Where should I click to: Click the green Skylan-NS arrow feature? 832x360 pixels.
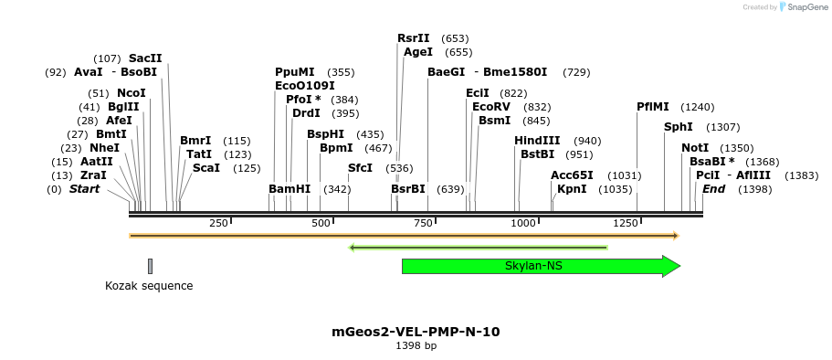click(x=534, y=266)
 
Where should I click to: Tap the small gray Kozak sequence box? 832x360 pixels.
click(x=150, y=266)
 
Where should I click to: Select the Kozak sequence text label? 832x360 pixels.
click(x=149, y=286)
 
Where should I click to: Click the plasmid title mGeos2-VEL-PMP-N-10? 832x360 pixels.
click(x=416, y=332)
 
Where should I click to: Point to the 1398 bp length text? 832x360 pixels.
click(x=416, y=346)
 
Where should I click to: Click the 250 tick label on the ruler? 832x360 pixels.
click(x=218, y=224)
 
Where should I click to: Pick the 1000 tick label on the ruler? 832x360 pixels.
click(x=523, y=224)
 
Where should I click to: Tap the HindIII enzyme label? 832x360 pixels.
click(x=537, y=141)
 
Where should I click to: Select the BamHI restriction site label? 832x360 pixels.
click(x=290, y=189)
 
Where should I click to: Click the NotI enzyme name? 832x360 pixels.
click(x=695, y=148)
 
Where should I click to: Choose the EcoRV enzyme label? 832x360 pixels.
click(x=491, y=107)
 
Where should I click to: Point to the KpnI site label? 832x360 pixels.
click(x=572, y=189)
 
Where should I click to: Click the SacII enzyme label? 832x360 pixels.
click(x=145, y=58)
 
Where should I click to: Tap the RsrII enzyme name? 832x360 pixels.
click(x=414, y=38)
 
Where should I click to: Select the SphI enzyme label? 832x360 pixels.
click(x=678, y=127)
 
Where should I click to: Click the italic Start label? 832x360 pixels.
click(x=85, y=189)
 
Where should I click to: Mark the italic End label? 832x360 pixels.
click(x=713, y=189)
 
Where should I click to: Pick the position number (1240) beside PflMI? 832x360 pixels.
click(x=698, y=107)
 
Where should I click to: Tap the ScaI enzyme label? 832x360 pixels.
click(x=205, y=168)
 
